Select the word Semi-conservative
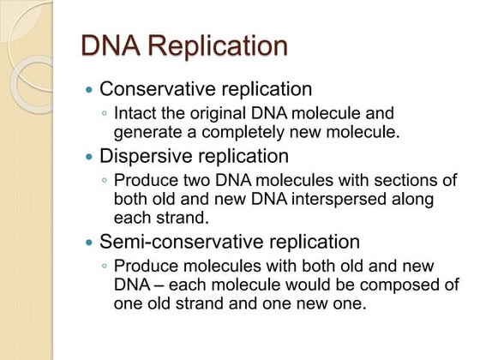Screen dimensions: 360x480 174,242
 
